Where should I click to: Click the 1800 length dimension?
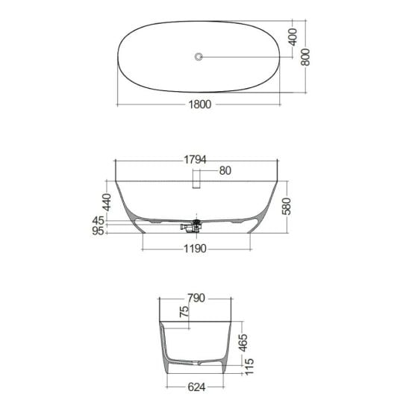[x=200, y=104]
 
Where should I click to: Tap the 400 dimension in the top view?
[x=293, y=37]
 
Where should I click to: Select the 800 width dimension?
[x=305, y=57]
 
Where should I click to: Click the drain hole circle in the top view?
[x=199, y=56]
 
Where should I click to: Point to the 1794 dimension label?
[x=195, y=160]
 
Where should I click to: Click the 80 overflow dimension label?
[x=225, y=171]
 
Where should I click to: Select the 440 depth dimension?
[x=107, y=202]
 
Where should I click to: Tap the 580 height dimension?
[x=287, y=206]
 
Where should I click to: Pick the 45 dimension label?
[x=98, y=221]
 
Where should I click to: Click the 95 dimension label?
[x=98, y=231]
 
